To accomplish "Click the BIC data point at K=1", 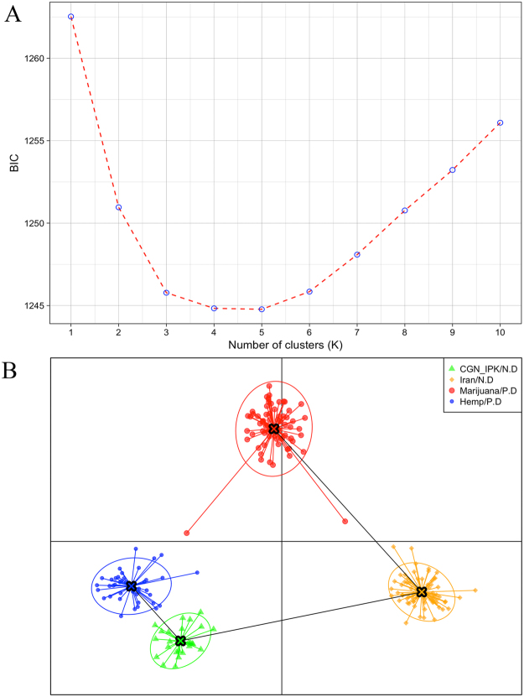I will point(71,17).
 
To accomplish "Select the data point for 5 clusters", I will point(262,309).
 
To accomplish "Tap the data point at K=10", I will point(501,122).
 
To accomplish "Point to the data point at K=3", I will point(167,293).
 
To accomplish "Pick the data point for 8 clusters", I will point(405,211).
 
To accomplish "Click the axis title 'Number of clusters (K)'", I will point(286,345).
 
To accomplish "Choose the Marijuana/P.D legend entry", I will point(484,390).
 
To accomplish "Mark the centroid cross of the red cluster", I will point(274,429).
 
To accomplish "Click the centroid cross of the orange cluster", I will point(422,592).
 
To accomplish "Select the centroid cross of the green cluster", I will point(180,641).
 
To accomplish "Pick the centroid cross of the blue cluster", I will point(132,586).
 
